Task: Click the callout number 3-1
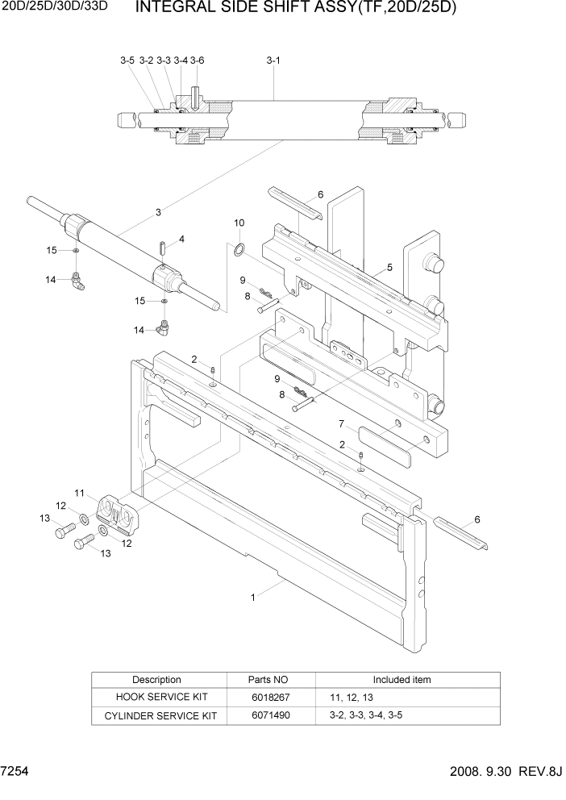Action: pos(273,60)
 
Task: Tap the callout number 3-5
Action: pos(127,60)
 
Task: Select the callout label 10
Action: pos(239,223)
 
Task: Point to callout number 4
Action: pos(181,239)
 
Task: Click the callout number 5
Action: pos(389,267)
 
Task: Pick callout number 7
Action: pos(341,423)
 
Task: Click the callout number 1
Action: pos(252,598)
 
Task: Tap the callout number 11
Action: pos(80,492)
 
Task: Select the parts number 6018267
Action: pos(271,697)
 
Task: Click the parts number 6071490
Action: pos(271,715)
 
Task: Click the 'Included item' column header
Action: pos(402,679)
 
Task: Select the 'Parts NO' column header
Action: pos(271,679)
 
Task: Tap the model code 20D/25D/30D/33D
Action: pos(56,10)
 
